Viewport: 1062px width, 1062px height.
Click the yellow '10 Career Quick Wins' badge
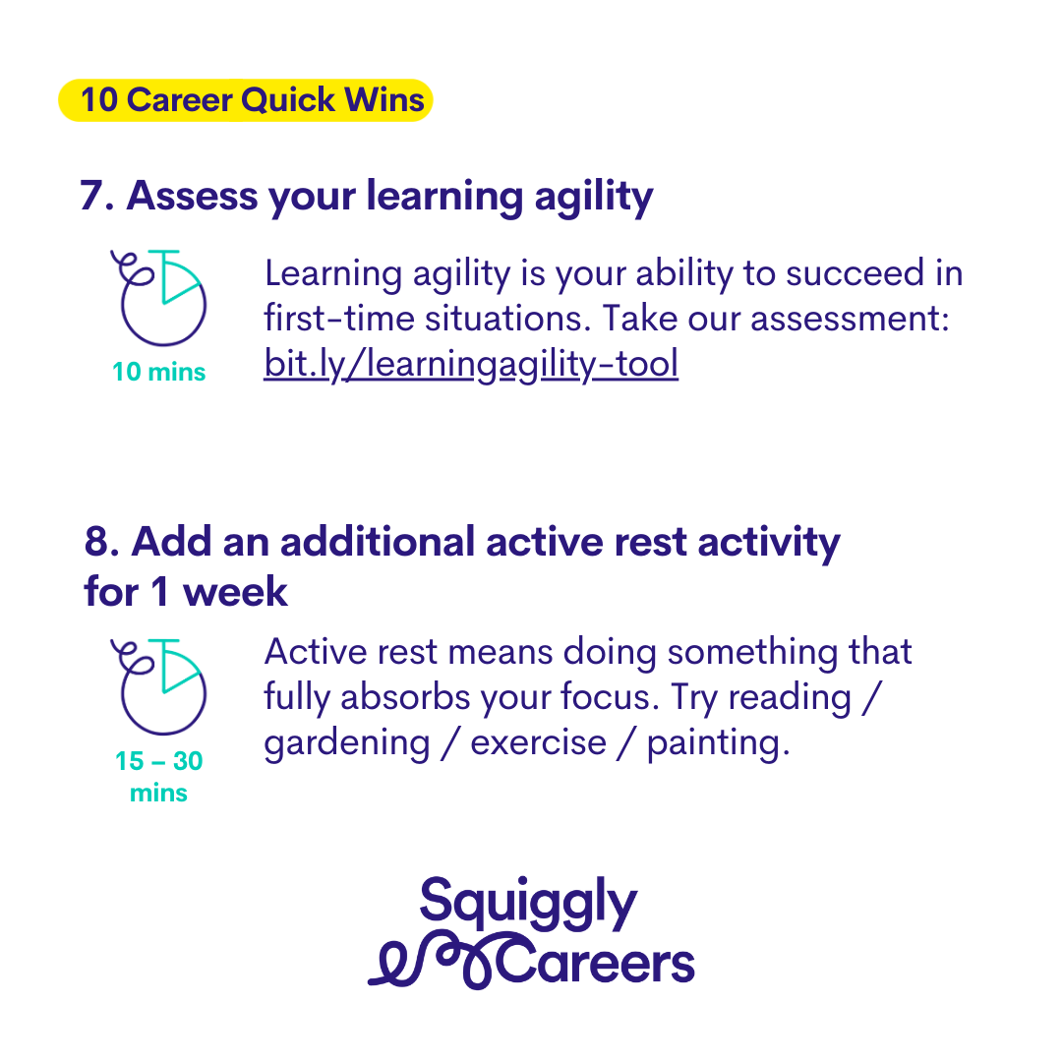pos(246,100)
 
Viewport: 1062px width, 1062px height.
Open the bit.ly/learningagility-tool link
pos(471,364)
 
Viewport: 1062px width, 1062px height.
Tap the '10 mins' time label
pos(158,372)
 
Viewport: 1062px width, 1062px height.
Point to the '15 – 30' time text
pos(158,760)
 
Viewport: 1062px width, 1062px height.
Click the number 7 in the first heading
pos(91,196)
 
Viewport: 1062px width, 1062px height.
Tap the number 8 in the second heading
pos(96,542)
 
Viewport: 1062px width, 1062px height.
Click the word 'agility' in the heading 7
pos(594,198)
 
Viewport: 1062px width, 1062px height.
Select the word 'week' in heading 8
pos(235,591)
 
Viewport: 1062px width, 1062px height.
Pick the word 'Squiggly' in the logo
pos(528,905)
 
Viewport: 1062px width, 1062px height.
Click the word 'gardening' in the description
pos(347,744)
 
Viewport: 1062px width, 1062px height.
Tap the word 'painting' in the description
pos(718,744)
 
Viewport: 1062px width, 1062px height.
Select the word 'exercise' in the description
pos(539,743)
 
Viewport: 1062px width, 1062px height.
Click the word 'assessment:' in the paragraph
pos(850,319)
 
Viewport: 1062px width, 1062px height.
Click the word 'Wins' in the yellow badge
pos(384,99)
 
